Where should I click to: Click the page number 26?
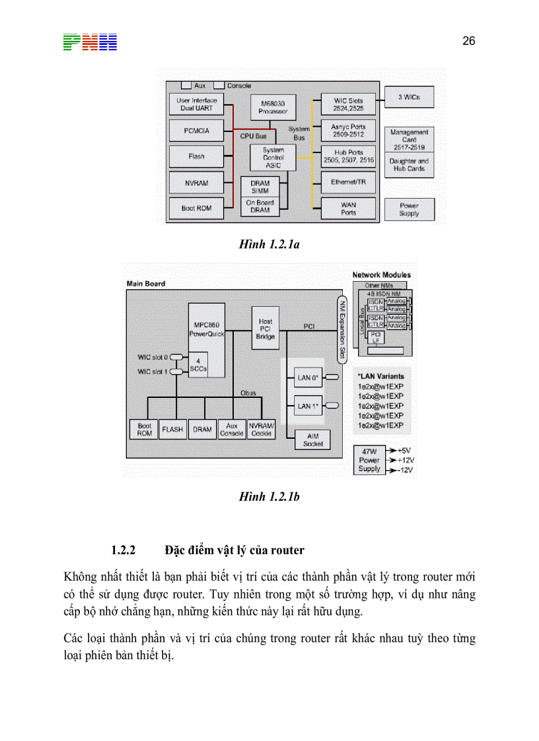pos(468,41)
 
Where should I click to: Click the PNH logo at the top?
pos(90,43)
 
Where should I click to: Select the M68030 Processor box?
pos(273,108)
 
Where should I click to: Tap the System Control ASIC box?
pos(273,158)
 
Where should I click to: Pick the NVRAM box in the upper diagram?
pos(196,181)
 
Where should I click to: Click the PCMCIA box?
pos(196,131)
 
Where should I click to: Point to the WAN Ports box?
pos(348,208)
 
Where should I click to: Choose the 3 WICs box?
pos(409,97)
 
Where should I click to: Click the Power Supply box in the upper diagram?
pos(409,209)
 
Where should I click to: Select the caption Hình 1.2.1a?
pos(269,245)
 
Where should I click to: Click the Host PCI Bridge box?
pos(266,328)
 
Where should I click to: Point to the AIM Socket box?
pos(312,439)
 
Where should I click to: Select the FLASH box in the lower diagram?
pos(172,429)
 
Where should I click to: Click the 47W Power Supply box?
pos(369,459)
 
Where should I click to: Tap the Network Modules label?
pos(381,274)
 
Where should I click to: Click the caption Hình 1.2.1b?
pos(269,496)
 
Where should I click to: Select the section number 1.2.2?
pos(123,550)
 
